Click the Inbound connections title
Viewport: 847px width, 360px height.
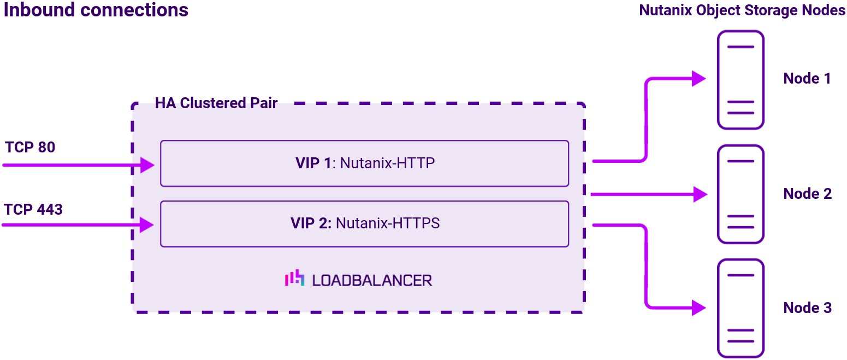96,10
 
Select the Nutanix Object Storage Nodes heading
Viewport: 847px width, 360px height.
742,10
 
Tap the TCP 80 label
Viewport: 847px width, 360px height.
30,147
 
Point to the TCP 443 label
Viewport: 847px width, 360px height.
33,209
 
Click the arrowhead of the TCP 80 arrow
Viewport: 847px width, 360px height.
148,164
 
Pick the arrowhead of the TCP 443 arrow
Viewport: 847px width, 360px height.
147,225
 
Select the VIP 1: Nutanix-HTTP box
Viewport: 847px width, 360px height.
364,163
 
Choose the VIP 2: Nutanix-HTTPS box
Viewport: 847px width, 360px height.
364,223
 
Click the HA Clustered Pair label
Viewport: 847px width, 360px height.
216,103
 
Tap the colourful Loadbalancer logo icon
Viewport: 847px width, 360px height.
294,279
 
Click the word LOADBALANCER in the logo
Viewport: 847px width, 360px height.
372,280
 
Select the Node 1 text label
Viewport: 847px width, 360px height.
807,79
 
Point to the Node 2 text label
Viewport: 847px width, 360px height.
807,193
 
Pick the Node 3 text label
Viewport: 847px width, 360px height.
807,308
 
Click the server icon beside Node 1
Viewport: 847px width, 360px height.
741,80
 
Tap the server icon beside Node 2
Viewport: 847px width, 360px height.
741,194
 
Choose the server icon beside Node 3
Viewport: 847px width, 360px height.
741,308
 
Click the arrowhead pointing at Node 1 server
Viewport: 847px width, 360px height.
699,79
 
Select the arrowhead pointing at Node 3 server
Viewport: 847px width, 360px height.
699,308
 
